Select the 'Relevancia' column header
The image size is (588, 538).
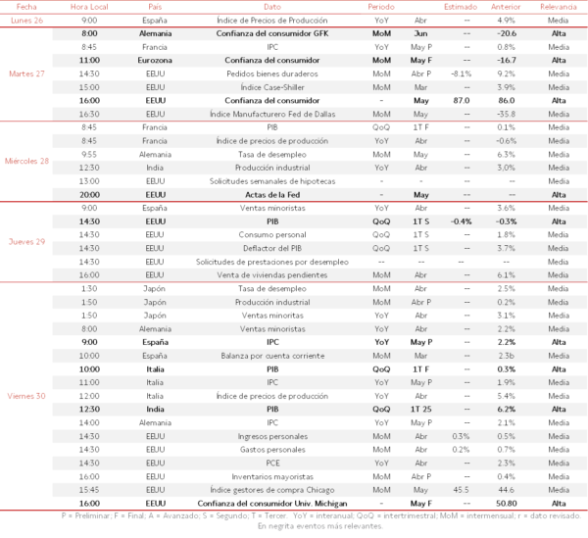[x=559, y=6]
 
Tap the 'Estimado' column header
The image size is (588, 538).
[x=461, y=6]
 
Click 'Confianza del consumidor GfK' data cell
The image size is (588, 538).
[x=271, y=33]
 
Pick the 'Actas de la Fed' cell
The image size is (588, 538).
[x=271, y=194]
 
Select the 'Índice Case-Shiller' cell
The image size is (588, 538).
[x=271, y=86]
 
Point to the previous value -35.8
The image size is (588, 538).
[x=507, y=114]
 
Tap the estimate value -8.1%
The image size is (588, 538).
[x=461, y=73]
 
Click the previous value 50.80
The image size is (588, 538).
[x=507, y=503]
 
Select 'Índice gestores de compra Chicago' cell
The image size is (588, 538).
[x=271, y=489]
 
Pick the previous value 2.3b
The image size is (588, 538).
[x=507, y=356]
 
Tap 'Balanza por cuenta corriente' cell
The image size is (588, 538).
[x=271, y=356]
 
